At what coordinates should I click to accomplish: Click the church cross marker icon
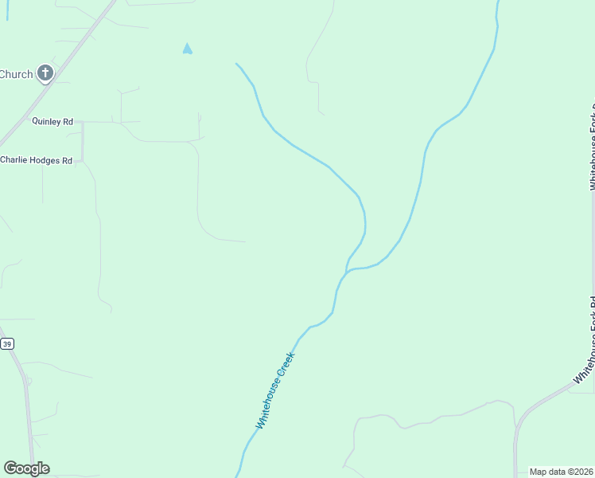tap(45, 74)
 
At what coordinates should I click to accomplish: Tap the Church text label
tap(16, 75)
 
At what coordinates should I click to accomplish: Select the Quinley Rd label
tap(52, 122)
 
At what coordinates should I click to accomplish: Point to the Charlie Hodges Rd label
tap(37, 160)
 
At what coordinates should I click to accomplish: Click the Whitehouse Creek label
tap(275, 390)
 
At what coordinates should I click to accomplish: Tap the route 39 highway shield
tap(7, 343)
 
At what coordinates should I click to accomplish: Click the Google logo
tap(26, 468)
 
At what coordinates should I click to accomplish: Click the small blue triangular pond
tap(187, 49)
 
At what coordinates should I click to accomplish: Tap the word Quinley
tap(46, 122)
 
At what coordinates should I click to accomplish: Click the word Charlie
tap(14, 160)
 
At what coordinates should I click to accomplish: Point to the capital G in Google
tap(10, 468)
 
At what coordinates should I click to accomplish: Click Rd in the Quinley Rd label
tap(68, 122)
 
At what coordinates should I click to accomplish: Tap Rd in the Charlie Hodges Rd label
tap(67, 160)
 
